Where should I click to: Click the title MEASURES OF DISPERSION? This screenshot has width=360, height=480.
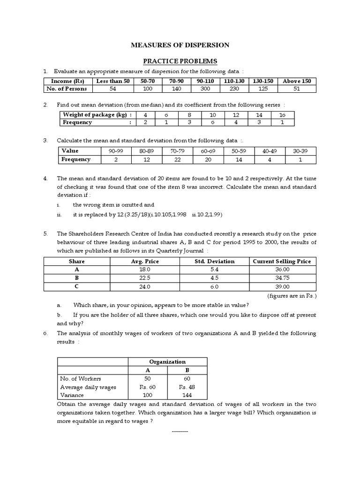click(x=180, y=45)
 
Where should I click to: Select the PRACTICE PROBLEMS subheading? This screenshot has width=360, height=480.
click(x=180, y=61)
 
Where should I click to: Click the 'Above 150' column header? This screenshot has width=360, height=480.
click(x=297, y=81)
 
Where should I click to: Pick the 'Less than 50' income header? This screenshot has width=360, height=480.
click(x=112, y=81)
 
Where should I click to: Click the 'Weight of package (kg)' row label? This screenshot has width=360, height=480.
click(x=97, y=115)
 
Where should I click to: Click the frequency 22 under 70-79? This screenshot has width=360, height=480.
click(x=177, y=159)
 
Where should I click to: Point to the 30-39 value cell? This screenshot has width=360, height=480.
click(x=301, y=151)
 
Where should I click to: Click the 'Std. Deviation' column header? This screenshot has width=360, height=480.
click(x=214, y=261)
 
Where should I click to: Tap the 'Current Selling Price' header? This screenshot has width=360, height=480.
click(x=281, y=261)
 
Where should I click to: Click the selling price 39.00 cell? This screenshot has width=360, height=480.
click(x=281, y=287)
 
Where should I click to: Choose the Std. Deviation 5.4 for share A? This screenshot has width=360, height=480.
click(x=214, y=270)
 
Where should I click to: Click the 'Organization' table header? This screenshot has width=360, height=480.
click(x=167, y=361)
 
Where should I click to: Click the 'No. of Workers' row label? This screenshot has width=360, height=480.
click(x=80, y=378)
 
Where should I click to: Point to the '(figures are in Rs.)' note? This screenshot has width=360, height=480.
click(x=292, y=296)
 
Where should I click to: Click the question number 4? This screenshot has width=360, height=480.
click(x=45, y=179)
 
